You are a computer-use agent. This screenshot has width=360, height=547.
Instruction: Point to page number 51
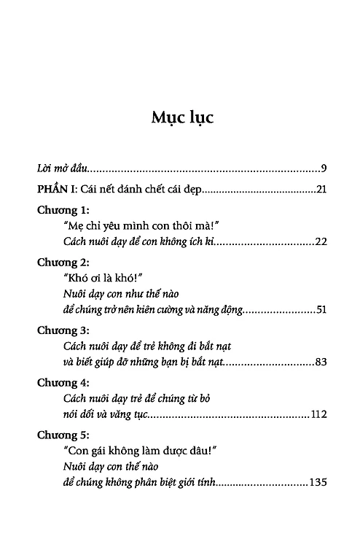pos(321,311)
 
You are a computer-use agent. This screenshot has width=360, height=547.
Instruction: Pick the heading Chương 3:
pos(63,331)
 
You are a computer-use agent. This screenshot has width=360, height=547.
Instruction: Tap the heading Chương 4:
pos(63,383)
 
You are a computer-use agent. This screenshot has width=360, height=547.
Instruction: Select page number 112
pos(318,414)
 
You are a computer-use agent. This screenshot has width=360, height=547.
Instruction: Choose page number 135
pos(318,483)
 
